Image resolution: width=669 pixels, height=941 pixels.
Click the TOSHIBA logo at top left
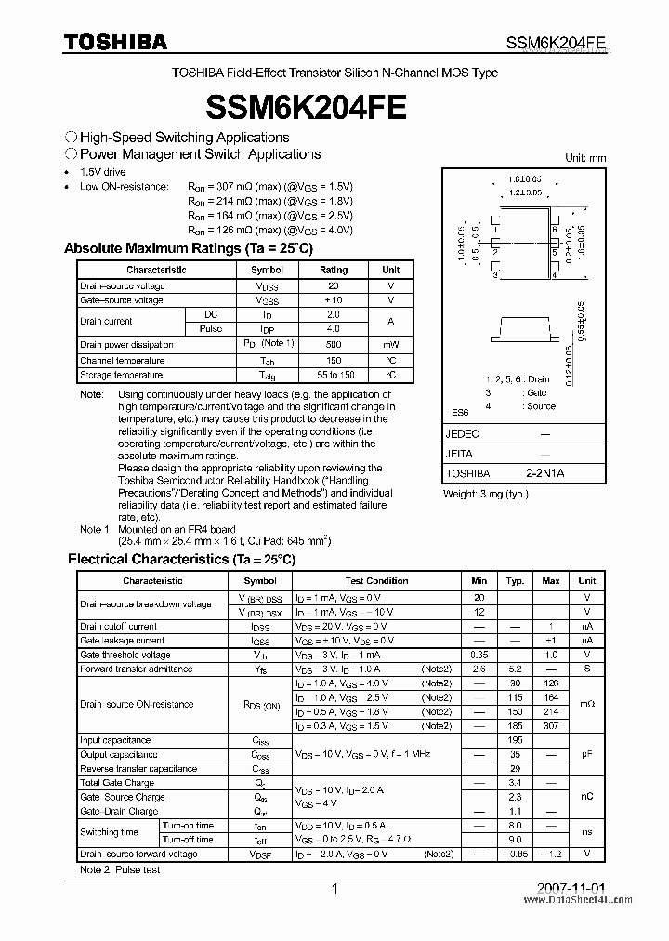pyautogui.click(x=115, y=41)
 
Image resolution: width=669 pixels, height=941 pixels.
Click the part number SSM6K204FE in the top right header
pyautogui.click(x=557, y=42)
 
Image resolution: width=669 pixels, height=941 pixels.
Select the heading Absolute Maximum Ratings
pyautogui.click(x=188, y=249)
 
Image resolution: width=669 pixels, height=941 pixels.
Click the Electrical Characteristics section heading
pyautogui.click(x=181, y=559)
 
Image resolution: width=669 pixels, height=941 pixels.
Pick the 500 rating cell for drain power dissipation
pyautogui.click(x=334, y=345)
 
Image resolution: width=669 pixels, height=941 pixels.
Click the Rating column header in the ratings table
pyautogui.click(x=334, y=270)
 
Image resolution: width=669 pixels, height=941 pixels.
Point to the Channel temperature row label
pyautogui.click(x=122, y=360)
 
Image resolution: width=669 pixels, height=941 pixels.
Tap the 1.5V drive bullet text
pyautogui.click(x=103, y=172)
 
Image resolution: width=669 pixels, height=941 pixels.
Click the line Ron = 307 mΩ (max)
pyautogui.click(x=269, y=186)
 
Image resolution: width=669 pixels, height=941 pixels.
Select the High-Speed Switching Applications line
pyautogui.click(x=184, y=138)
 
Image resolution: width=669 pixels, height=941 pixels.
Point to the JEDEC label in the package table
pyautogui.click(x=463, y=434)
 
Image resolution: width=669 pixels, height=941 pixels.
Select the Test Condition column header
pyautogui.click(x=376, y=580)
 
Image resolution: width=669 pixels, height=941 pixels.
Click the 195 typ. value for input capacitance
pyautogui.click(x=515, y=740)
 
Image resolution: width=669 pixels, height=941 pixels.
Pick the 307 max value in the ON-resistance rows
pyautogui.click(x=551, y=725)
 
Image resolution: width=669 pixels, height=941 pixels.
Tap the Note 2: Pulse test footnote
pyautogui.click(x=120, y=869)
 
